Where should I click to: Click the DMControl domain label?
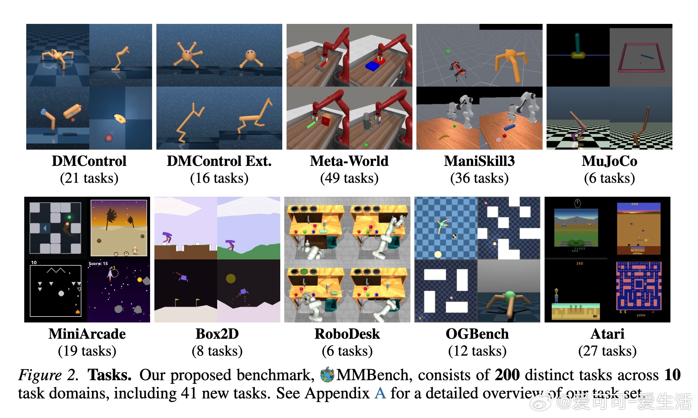click(89, 161)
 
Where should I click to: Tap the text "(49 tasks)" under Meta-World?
click(349, 178)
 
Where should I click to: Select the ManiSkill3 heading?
click(479, 161)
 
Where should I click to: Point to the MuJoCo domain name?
click(609, 161)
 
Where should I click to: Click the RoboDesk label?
click(347, 334)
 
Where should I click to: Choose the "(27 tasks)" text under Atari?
click(607, 351)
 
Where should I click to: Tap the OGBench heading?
click(477, 334)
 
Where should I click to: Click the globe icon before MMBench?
click(327, 375)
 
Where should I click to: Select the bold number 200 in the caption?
click(507, 375)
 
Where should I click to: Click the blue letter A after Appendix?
click(380, 393)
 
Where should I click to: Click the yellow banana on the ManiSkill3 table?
click(444, 136)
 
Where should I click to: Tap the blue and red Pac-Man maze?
click(638, 285)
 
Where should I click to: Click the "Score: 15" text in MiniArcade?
click(98, 264)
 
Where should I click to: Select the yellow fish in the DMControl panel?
click(120, 118)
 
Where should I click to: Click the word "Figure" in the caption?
click(40, 375)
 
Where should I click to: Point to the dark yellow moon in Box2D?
click(230, 278)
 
